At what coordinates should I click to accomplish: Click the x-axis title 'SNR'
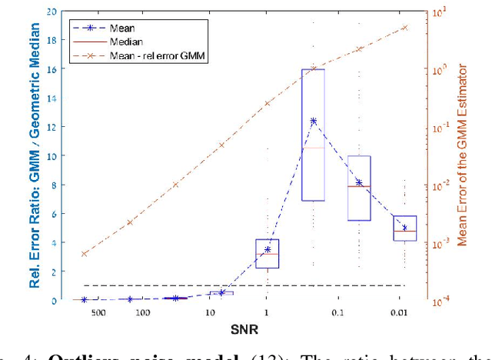pyautogui.click(x=244, y=331)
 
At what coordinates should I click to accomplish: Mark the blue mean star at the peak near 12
pyautogui.click(x=313, y=121)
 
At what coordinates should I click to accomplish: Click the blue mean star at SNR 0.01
pyautogui.click(x=404, y=228)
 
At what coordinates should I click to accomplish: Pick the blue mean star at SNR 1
pyautogui.click(x=268, y=249)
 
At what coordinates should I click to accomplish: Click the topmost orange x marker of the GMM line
pyautogui.click(x=404, y=28)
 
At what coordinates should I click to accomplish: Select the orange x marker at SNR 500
pyautogui.click(x=85, y=253)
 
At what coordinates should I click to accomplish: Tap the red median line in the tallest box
pyautogui.click(x=313, y=148)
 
